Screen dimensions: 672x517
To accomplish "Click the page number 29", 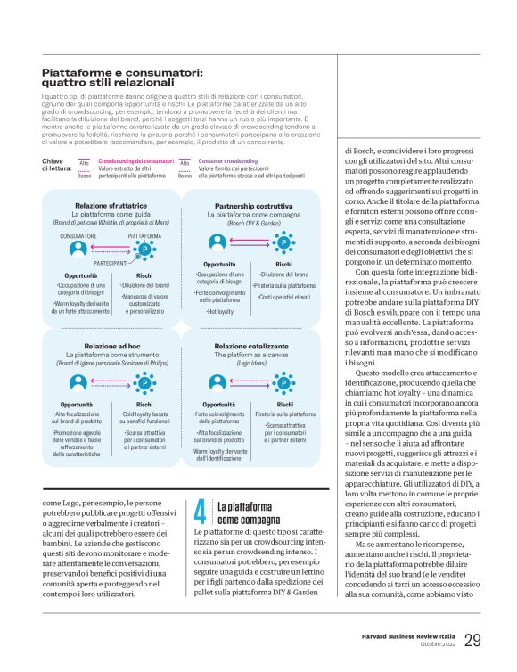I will (x=472, y=639).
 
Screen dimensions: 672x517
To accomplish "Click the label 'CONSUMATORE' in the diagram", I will (x=78, y=234).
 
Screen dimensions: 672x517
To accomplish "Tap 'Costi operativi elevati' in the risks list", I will (x=285, y=296).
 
